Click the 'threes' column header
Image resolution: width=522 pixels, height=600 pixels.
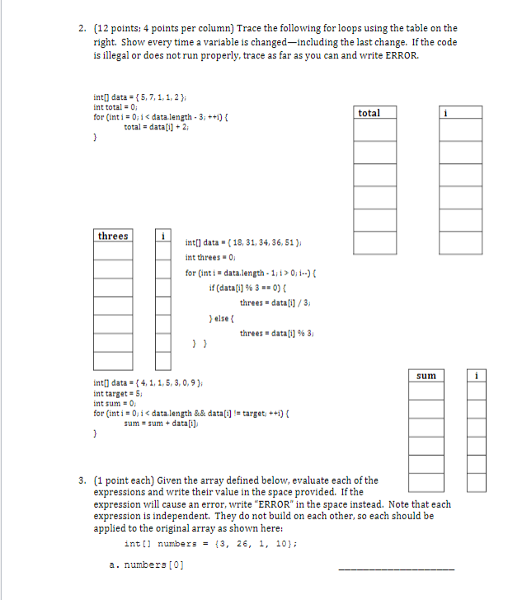click(113, 237)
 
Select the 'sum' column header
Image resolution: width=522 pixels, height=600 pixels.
click(426, 376)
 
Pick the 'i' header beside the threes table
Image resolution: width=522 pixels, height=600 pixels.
click(162, 237)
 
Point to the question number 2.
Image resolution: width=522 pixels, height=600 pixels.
click(82, 29)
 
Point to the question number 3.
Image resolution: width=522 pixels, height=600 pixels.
click(82, 480)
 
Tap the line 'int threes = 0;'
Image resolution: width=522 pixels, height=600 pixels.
click(212, 258)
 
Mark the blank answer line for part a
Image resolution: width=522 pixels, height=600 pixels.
click(396, 569)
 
